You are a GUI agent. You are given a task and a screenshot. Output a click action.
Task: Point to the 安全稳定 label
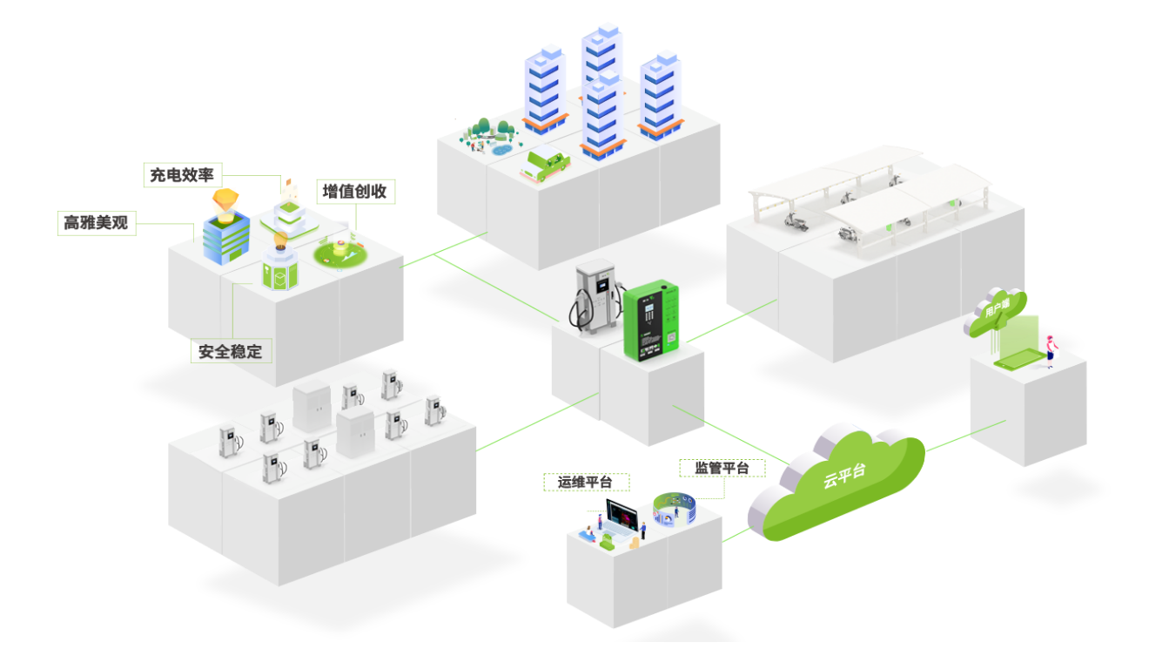tap(231, 351)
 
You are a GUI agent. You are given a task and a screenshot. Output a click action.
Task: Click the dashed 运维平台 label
tap(586, 483)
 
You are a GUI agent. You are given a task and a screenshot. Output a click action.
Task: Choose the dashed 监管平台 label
tap(722, 468)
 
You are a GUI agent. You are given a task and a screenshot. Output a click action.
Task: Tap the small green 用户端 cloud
tap(995, 309)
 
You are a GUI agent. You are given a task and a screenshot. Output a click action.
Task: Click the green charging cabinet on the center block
tap(655, 320)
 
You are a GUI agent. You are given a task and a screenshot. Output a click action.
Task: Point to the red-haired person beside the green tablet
tap(1050, 349)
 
